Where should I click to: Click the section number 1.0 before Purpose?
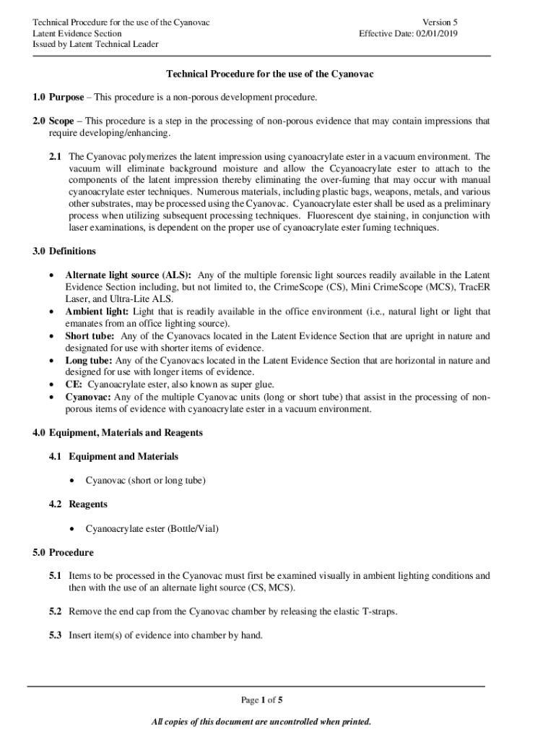click(38, 97)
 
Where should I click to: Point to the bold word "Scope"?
click(61, 121)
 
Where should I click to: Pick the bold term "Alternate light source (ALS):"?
click(129, 275)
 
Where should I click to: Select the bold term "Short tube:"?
click(91, 336)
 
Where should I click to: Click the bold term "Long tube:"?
click(89, 360)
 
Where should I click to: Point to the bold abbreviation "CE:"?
click(74, 384)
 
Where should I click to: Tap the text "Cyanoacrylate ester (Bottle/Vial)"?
click(152, 528)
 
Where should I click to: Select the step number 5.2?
click(56, 611)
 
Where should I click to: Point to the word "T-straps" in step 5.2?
click(378, 611)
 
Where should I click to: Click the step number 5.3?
click(56, 635)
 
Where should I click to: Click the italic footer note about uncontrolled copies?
click(261, 721)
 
